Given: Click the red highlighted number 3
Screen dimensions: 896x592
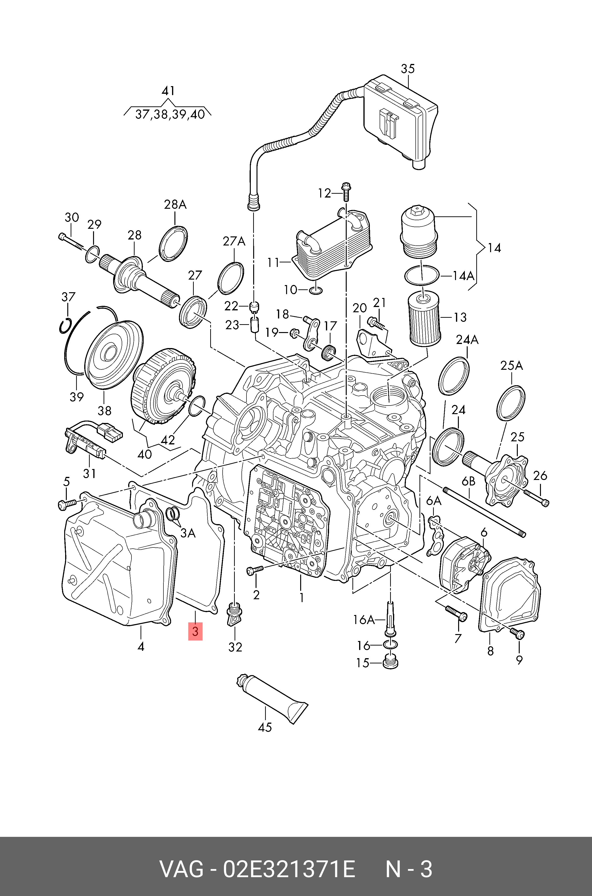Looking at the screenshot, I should (x=195, y=631).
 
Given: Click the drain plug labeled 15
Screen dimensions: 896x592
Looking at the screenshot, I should (x=390, y=663).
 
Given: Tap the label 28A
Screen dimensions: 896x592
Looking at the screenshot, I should (x=175, y=205).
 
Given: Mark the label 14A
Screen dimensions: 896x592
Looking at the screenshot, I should (x=463, y=276).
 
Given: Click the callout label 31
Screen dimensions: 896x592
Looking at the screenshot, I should (x=89, y=473).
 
